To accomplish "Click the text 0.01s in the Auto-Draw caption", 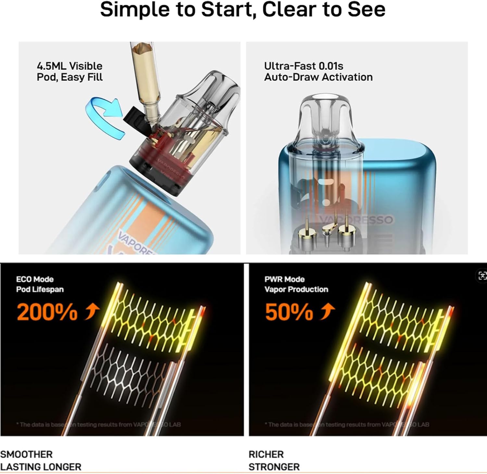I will click(x=331, y=66).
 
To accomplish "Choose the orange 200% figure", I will click(x=47, y=312).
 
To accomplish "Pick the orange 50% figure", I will click(x=289, y=312).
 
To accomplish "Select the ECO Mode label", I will click(x=35, y=279).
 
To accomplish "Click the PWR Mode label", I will click(x=284, y=279).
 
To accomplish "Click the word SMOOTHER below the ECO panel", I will click(x=26, y=454).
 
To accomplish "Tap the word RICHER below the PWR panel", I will click(x=266, y=454).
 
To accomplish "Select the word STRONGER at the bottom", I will click(x=274, y=467).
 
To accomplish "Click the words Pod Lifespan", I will click(x=40, y=289).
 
